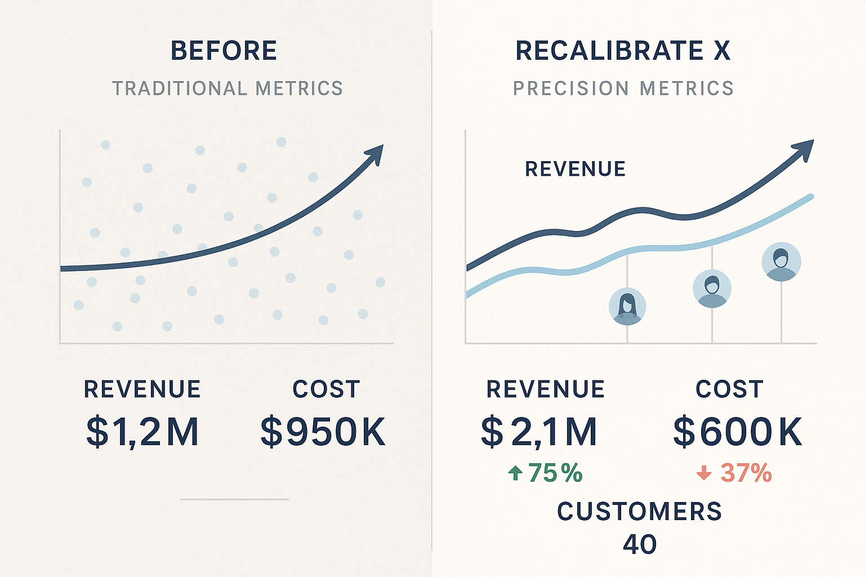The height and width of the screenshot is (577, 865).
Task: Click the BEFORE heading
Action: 224,51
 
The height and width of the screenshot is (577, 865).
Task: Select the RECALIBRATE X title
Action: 623,51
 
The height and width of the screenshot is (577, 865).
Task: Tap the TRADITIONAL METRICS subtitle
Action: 228,88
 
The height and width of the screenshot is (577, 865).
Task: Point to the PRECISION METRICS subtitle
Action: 623,88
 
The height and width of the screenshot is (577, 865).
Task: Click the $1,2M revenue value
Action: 142,432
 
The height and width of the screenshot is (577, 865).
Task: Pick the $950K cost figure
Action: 323,432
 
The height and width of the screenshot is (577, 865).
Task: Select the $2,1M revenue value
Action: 539,432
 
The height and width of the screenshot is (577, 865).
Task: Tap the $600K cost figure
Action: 738,432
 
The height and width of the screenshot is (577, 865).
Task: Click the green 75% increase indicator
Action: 555,473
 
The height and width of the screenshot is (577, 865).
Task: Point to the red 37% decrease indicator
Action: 746,473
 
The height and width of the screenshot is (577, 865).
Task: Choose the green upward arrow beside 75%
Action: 515,473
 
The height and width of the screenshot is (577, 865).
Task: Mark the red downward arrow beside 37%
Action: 704,473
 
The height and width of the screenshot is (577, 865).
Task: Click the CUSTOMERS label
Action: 639,512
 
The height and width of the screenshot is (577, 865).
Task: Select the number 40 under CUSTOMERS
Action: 640,544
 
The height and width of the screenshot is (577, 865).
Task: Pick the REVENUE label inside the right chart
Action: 575,169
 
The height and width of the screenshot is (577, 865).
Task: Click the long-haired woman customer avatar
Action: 627,307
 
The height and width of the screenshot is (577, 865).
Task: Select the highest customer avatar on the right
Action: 781,261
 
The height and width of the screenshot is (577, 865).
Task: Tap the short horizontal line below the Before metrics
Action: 234,499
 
